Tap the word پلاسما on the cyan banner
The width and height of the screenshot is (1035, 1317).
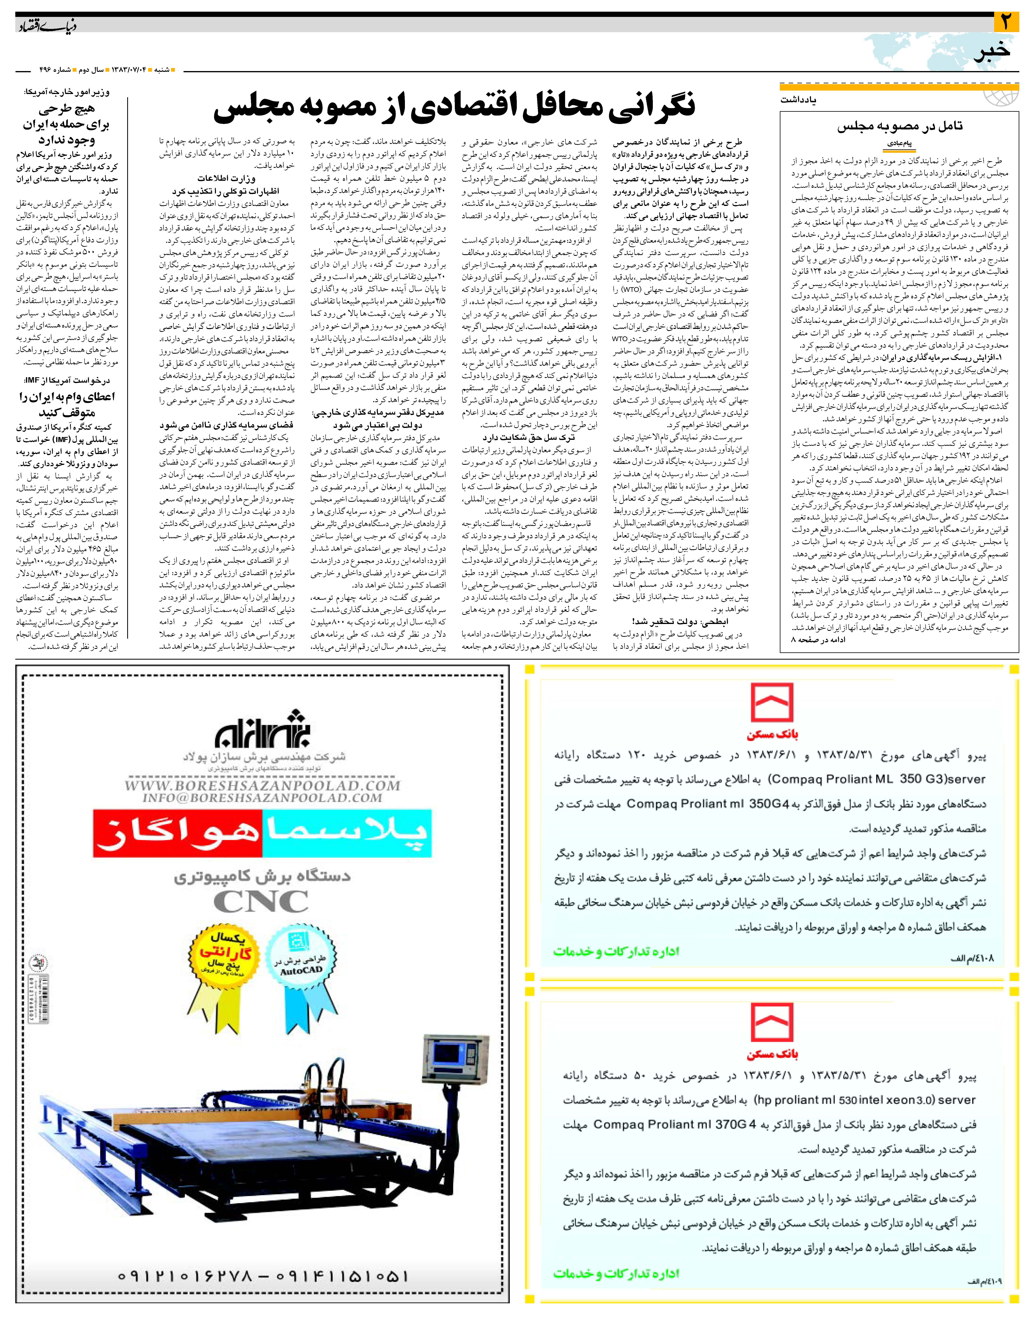[347, 833]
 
